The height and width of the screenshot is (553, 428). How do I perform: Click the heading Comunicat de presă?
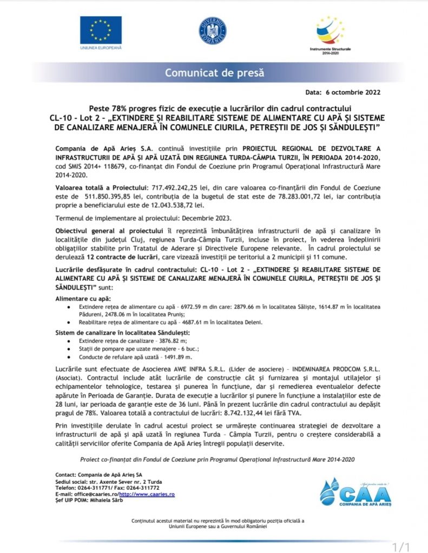click(x=214, y=72)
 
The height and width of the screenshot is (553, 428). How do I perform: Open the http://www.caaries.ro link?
click(x=146, y=494)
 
